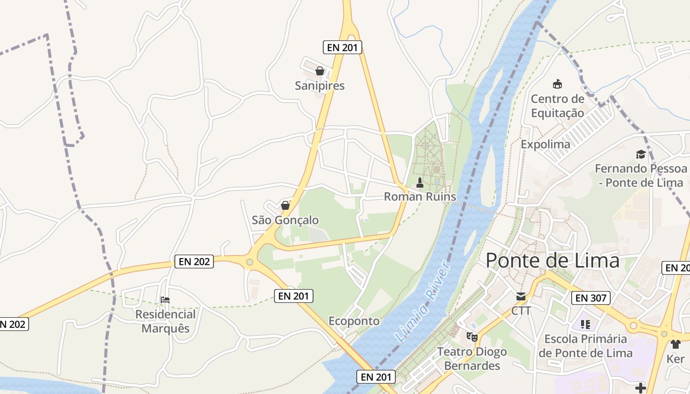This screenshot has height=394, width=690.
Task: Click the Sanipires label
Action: (320, 86)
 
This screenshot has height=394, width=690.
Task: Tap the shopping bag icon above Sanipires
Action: (320, 71)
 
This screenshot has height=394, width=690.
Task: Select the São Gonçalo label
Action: (285, 220)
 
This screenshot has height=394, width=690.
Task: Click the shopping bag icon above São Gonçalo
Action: (285, 205)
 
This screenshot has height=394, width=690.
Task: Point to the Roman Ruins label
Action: (420, 197)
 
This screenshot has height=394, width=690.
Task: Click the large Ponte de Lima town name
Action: (552, 260)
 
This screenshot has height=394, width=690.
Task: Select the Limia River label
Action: (423, 302)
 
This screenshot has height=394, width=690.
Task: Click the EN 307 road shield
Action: (591, 297)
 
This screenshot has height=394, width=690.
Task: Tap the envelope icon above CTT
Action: (521, 296)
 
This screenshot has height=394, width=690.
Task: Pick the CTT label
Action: (521, 311)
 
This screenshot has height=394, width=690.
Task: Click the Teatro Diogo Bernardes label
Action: (472, 359)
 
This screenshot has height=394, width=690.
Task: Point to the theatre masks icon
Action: (472, 337)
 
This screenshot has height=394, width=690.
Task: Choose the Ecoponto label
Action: (354, 321)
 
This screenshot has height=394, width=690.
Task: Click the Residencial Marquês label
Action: (166, 321)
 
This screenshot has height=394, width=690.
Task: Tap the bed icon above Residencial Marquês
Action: (166, 299)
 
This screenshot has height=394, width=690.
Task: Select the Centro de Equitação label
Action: (557, 106)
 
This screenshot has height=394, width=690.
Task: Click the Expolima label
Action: (546, 144)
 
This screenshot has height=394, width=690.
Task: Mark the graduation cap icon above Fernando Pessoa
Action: (641, 155)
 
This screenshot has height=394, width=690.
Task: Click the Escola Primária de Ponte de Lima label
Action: (586, 346)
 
